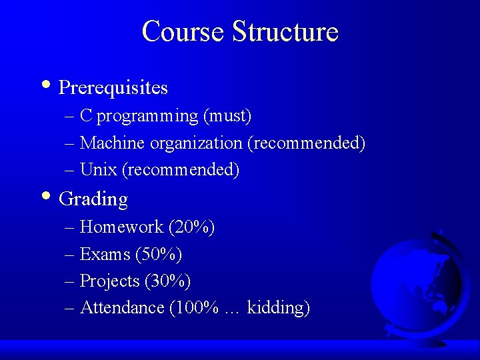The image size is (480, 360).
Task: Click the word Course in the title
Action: click(183, 31)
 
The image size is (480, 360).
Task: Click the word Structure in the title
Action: click(285, 31)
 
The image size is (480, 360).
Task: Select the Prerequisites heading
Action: click(113, 88)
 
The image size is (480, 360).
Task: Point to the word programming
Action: click(147, 117)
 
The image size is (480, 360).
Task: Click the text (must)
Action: click(227, 117)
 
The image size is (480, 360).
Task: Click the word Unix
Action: click(98, 170)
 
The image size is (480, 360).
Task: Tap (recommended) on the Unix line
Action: click(181, 170)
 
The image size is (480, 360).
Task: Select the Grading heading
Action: click(93, 199)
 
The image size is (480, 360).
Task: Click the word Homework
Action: click(121, 227)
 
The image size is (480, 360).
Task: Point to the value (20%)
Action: click(191, 227)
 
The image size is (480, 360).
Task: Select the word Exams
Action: click(105, 254)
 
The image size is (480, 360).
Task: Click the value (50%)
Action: click(159, 254)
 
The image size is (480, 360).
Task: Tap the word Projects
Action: click(109, 281)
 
